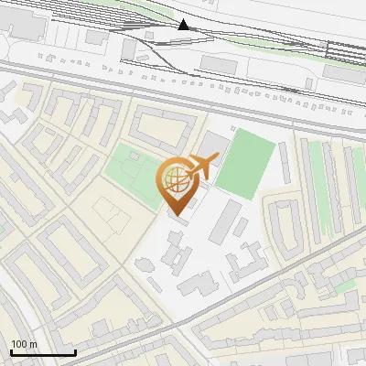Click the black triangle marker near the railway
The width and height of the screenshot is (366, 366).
pyautogui.click(x=184, y=24)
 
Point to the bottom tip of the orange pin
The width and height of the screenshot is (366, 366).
pyautogui.click(x=175, y=214)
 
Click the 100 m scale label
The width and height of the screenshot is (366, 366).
pyautogui.click(x=24, y=344)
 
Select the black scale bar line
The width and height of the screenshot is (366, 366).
pyautogui.click(x=43, y=352)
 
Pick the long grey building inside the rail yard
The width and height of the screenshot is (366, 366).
pyautogui.click(x=220, y=63)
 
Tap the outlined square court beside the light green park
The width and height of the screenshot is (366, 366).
pyautogui.click(x=110, y=216)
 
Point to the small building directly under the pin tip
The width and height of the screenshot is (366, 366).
pyautogui.click(x=179, y=220)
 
